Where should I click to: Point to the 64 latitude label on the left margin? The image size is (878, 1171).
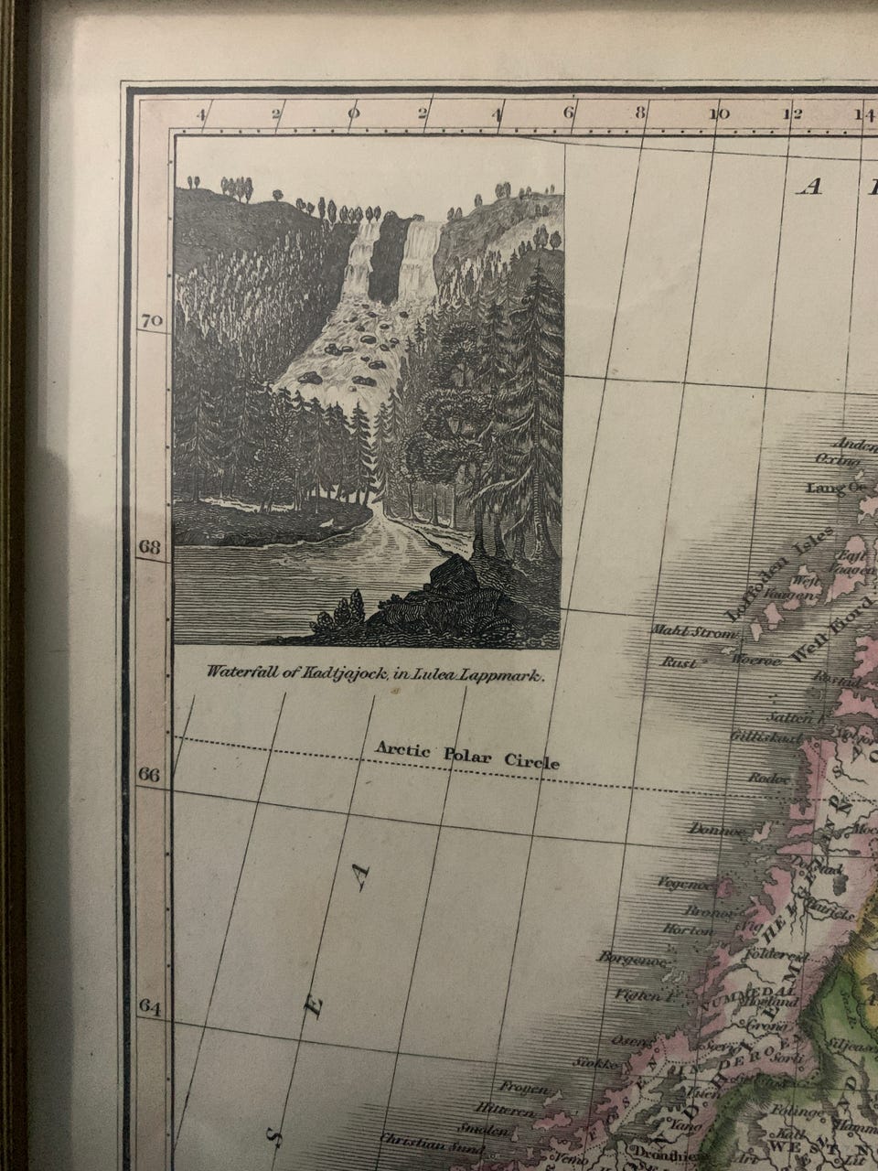150,1006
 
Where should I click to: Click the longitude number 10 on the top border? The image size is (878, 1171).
719,114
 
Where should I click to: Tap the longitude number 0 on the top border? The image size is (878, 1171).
353,114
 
